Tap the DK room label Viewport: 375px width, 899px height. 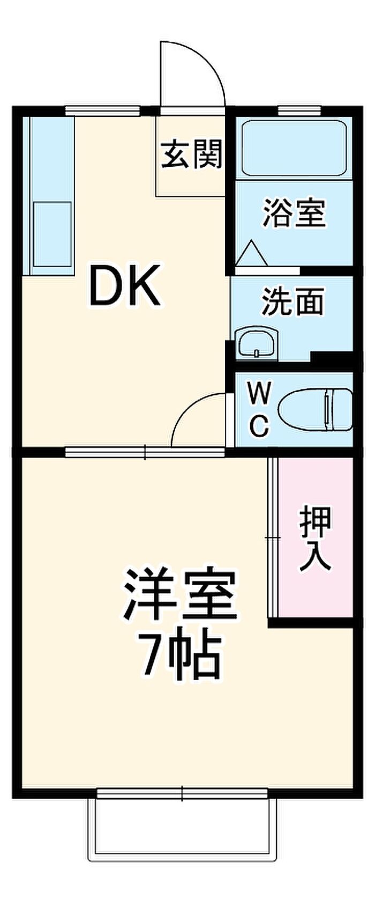[124, 285]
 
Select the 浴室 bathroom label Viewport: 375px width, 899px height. [294, 213]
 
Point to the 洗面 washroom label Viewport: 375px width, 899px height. [292, 302]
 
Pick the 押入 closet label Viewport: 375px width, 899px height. [315, 539]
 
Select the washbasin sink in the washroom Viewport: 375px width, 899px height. [257, 343]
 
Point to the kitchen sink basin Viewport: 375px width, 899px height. [52, 234]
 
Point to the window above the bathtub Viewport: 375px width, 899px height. [299, 111]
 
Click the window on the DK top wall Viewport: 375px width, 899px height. [102, 111]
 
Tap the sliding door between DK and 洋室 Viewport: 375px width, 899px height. [145, 452]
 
